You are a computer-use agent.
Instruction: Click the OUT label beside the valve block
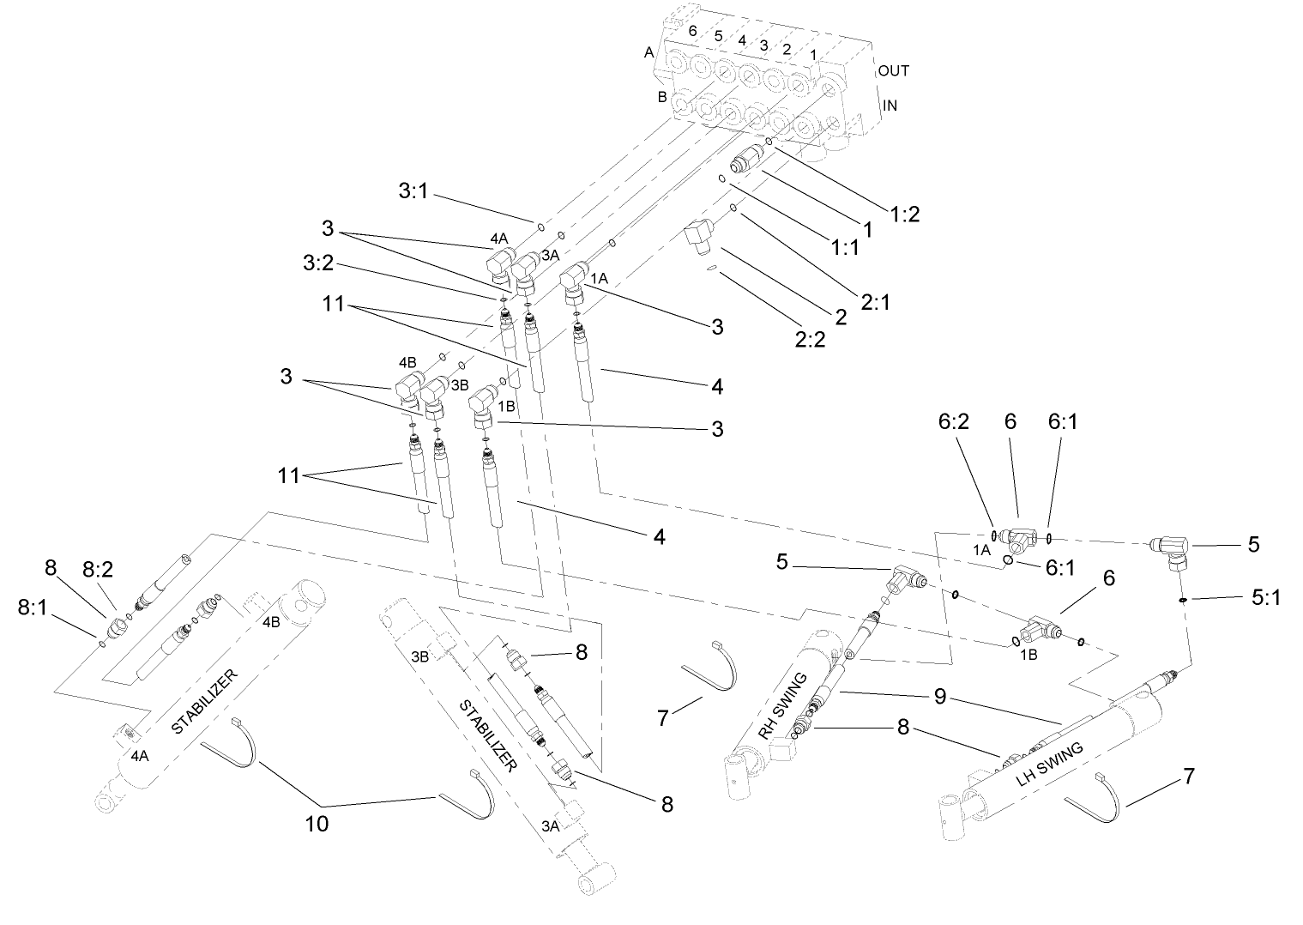893,70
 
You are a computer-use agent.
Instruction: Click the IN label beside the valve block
890,106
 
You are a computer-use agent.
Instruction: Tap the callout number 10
317,824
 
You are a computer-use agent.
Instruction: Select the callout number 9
940,698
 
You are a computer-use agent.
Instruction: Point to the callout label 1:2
903,215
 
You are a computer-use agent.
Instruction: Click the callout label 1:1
844,246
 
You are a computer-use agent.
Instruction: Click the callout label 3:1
413,190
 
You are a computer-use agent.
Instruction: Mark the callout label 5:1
1265,597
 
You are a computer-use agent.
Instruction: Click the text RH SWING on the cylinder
782,705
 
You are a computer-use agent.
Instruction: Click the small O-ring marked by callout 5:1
1183,601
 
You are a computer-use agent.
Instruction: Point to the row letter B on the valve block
661,97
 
